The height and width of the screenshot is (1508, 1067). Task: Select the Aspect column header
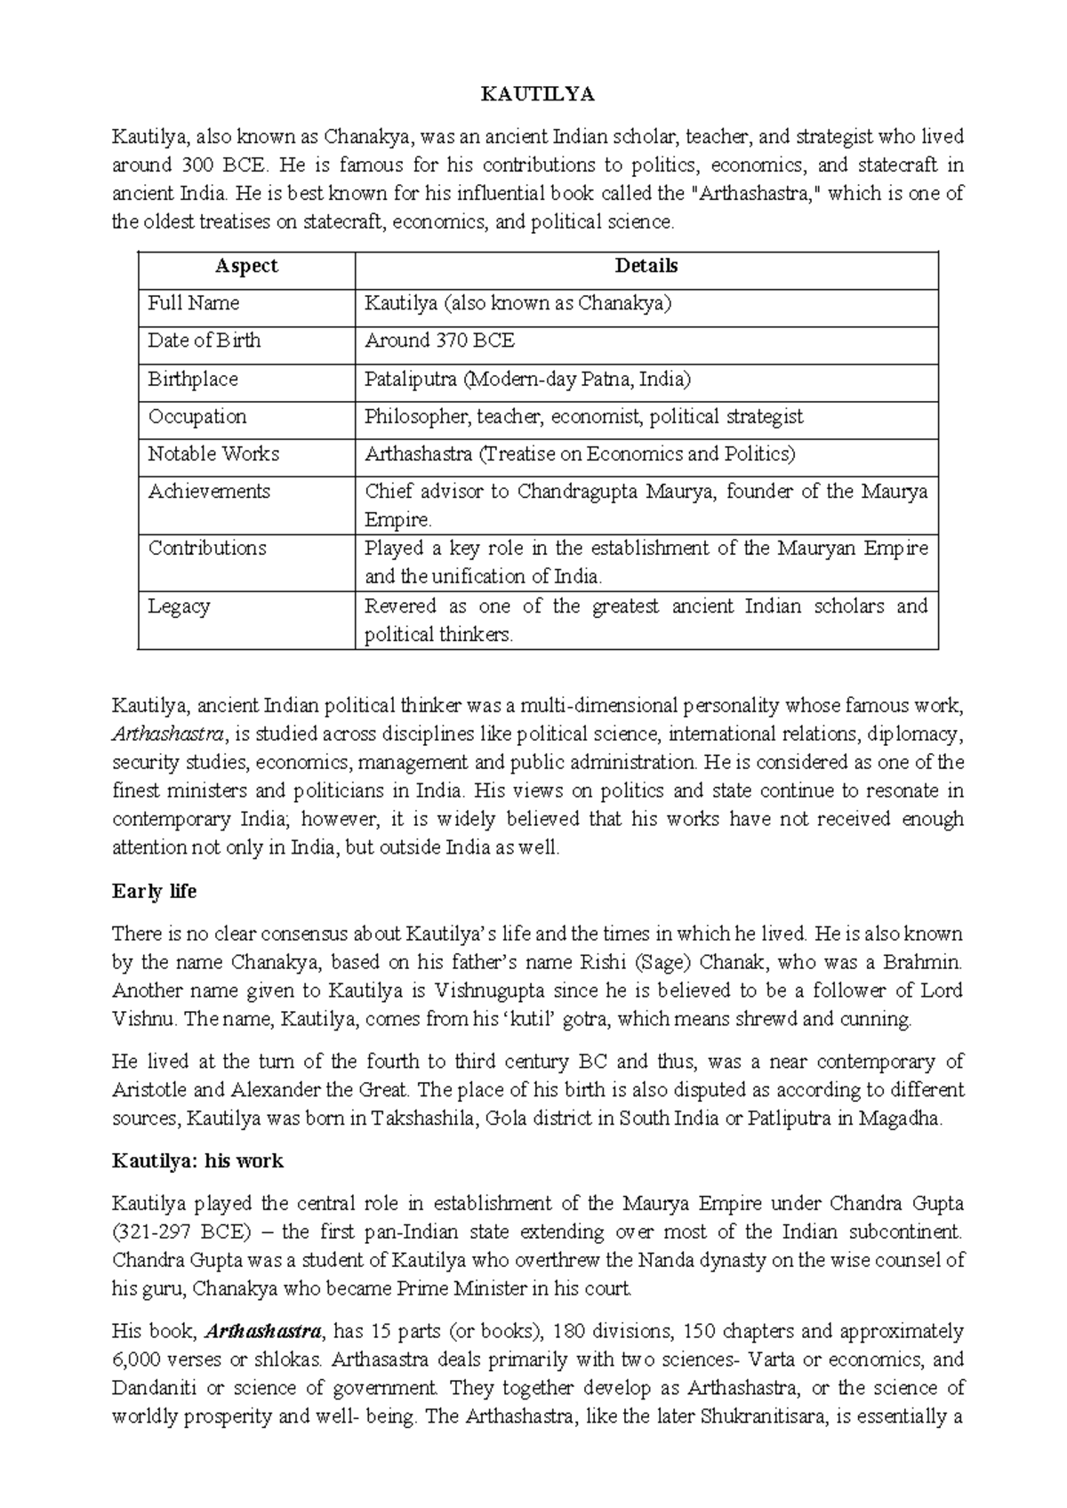pyautogui.click(x=246, y=266)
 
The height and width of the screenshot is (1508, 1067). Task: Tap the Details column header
pyautogui.click(x=646, y=266)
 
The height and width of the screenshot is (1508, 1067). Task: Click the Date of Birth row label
pyautogui.click(x=205, y=341)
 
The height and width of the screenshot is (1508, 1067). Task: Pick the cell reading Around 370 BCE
pyautogui.click(x=439, y=341)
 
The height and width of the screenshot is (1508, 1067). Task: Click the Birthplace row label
pyautogui.click(x=193, y=379)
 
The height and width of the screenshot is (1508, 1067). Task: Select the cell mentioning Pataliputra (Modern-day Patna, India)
pyautogui.click(x=527, y=379)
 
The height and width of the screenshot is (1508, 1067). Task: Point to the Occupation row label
pyautogui.click(x=197, y=416)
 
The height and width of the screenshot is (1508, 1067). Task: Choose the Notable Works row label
pyautogui.click(x=213, y=453)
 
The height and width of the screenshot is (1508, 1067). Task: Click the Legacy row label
pyautogui.click(x=179, y=606)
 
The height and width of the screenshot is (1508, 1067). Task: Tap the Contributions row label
pyautogui.click(x=207, y=548)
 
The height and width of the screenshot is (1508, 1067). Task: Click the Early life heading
pyautogui.click(x=154, y=891)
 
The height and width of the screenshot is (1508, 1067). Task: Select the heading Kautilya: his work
pyautogui.click(x=197, y=1160)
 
